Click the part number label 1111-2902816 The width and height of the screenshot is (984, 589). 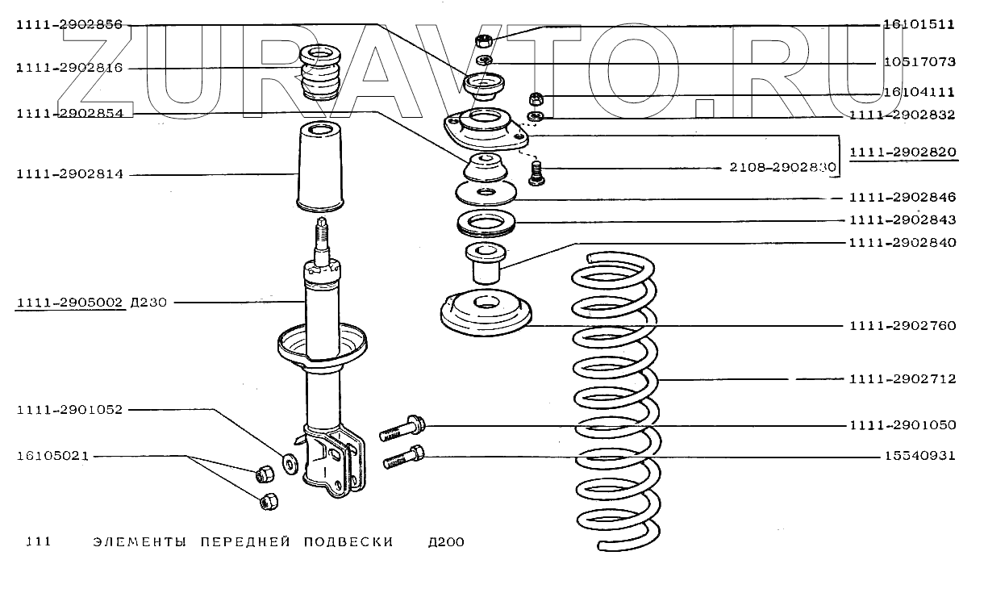(x=69, y=68)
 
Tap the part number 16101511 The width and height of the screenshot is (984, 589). (x=919, y=24)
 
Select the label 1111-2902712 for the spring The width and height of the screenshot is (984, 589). (x=903, y=379)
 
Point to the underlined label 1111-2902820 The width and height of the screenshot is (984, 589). (x=903, y=152)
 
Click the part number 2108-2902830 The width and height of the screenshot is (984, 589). (x=783, y=168)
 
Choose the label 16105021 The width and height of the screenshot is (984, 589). (x=52, y=456)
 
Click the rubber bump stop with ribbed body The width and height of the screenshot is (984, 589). (x=320, y=72)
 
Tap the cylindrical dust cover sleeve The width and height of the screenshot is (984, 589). (x=321, y=166)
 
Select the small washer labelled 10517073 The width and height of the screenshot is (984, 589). (x=485, y=60)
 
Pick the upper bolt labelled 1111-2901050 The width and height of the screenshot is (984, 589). (x=402, y=428)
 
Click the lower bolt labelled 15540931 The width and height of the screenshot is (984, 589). (x=404, y=457)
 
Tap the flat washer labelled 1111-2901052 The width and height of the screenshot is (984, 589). (x=290, y=464)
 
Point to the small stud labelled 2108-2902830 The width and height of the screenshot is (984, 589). (x=536, y=173)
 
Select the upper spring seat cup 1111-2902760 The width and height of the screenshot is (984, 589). (x=486, y=312)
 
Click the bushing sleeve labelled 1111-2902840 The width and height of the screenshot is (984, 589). (x=486, y=264)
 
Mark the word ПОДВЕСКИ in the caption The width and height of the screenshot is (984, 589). (x=348, y=542)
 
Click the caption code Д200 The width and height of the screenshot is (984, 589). (x=446, y=542)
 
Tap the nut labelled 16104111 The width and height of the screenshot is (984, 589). (x=536, y=98)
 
